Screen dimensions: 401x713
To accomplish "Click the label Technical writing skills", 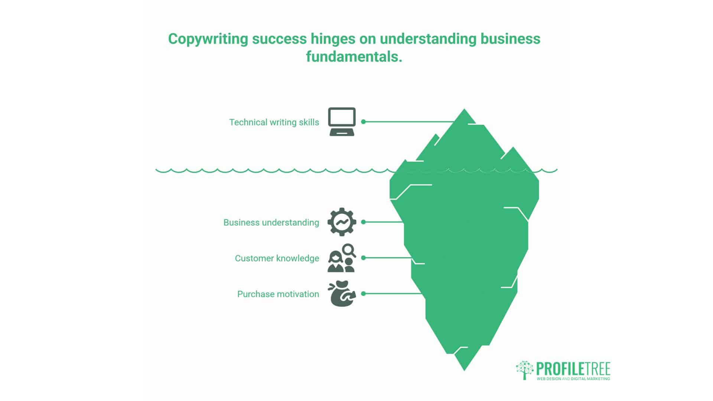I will coord(274,122).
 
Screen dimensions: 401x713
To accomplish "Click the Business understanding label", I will coord(271,222).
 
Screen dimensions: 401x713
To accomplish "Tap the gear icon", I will coord(342,222).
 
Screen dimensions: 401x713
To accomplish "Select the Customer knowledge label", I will coord(277,258).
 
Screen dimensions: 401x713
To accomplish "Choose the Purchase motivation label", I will coord(278,294).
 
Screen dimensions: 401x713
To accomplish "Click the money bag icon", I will coord(342,294).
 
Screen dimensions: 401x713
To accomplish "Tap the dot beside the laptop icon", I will coord(363,122).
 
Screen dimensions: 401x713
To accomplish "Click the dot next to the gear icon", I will coord(363,222).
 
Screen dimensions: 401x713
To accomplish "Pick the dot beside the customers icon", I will coord(363,258).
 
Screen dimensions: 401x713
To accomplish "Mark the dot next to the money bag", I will coord(363,294).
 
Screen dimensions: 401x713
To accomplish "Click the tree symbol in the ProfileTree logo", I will coord(524,369).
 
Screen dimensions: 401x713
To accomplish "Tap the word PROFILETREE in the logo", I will coord(573,369).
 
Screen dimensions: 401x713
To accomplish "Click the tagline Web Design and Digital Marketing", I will coord(573,379).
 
